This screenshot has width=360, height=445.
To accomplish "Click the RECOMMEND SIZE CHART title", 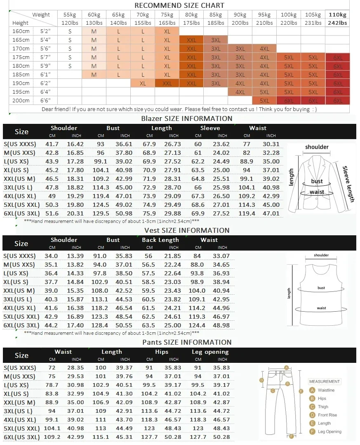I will tap(179, 5).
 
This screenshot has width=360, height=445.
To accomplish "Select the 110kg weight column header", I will tap(337, 15).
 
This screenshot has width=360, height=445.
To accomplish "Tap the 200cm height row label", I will tap(21, 101).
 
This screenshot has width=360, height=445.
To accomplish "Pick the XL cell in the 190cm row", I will tap(143, 83).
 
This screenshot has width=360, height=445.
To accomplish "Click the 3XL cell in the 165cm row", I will tap(216, 40).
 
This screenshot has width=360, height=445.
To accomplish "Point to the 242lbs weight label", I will tap(337, 23).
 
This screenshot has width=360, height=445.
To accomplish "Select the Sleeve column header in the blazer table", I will tap(210, 128).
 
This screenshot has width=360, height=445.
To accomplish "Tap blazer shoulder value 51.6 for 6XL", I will tap(52, 213).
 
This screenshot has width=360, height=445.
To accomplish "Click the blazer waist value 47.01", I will tap(271, 213).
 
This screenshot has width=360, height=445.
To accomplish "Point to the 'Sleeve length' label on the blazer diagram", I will tap(348, 184).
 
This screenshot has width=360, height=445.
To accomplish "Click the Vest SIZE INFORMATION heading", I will tap(187, 230).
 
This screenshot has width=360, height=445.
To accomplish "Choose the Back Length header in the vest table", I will tap(160, 240).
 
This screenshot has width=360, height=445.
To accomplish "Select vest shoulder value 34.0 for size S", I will tap(52, 256).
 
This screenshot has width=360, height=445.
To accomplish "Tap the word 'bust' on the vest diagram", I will tap(321, 288).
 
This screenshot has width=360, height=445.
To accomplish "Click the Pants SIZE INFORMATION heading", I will tap(187, 342).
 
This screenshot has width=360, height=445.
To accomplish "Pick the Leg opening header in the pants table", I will tap(210, 352).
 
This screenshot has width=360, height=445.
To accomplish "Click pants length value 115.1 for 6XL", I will tap(112, 437).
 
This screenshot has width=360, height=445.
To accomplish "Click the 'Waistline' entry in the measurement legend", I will tap(326, 390).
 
